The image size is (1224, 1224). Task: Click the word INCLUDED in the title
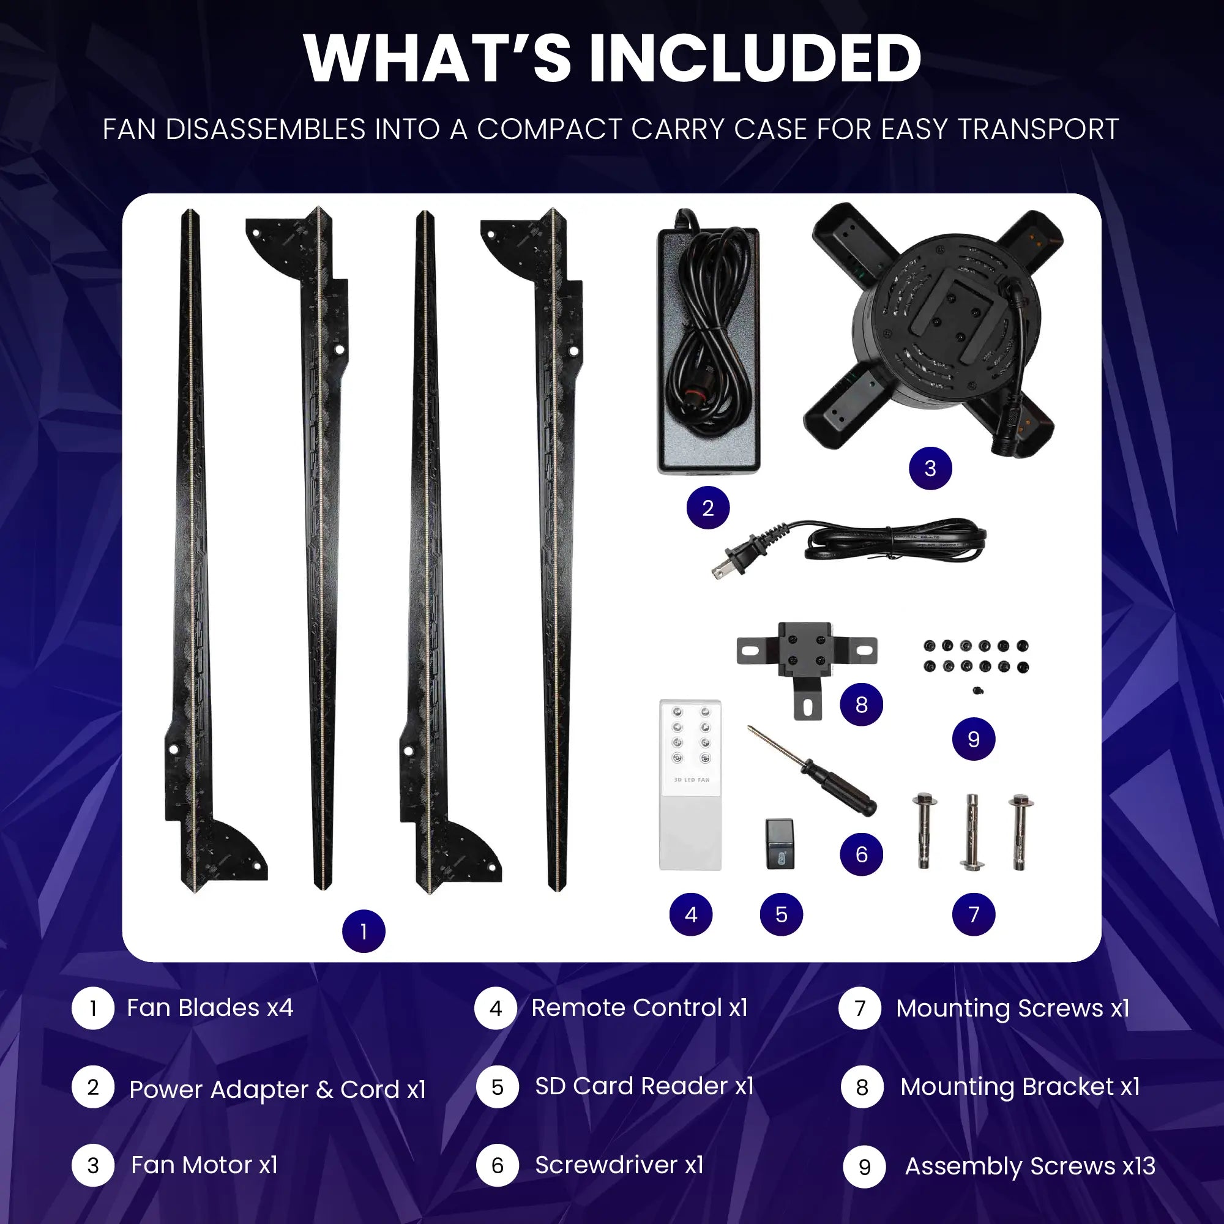[755, 59]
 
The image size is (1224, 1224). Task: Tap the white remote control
[690, 785]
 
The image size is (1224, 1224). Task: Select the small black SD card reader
[780, 844]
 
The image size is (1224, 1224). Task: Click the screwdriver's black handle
[840, 788]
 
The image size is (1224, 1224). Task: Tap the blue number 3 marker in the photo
[930, 468]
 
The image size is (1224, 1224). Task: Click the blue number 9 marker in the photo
[974, 739]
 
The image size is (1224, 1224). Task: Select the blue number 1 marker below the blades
[364, 931]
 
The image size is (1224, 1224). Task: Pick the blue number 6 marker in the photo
[862, 854]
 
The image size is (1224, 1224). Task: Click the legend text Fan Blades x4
[210, 1008]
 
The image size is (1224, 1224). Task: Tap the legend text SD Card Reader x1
[644, 1086]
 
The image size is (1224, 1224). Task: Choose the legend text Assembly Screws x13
[1030, 1166]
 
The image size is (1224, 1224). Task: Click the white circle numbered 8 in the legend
[862, 1087]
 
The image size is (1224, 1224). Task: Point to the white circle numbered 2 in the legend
[93, 1087]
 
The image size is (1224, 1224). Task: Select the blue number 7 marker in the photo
[974, 914]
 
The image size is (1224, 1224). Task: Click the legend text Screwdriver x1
[619, 1165]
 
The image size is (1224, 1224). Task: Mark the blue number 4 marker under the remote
[691, 914]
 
